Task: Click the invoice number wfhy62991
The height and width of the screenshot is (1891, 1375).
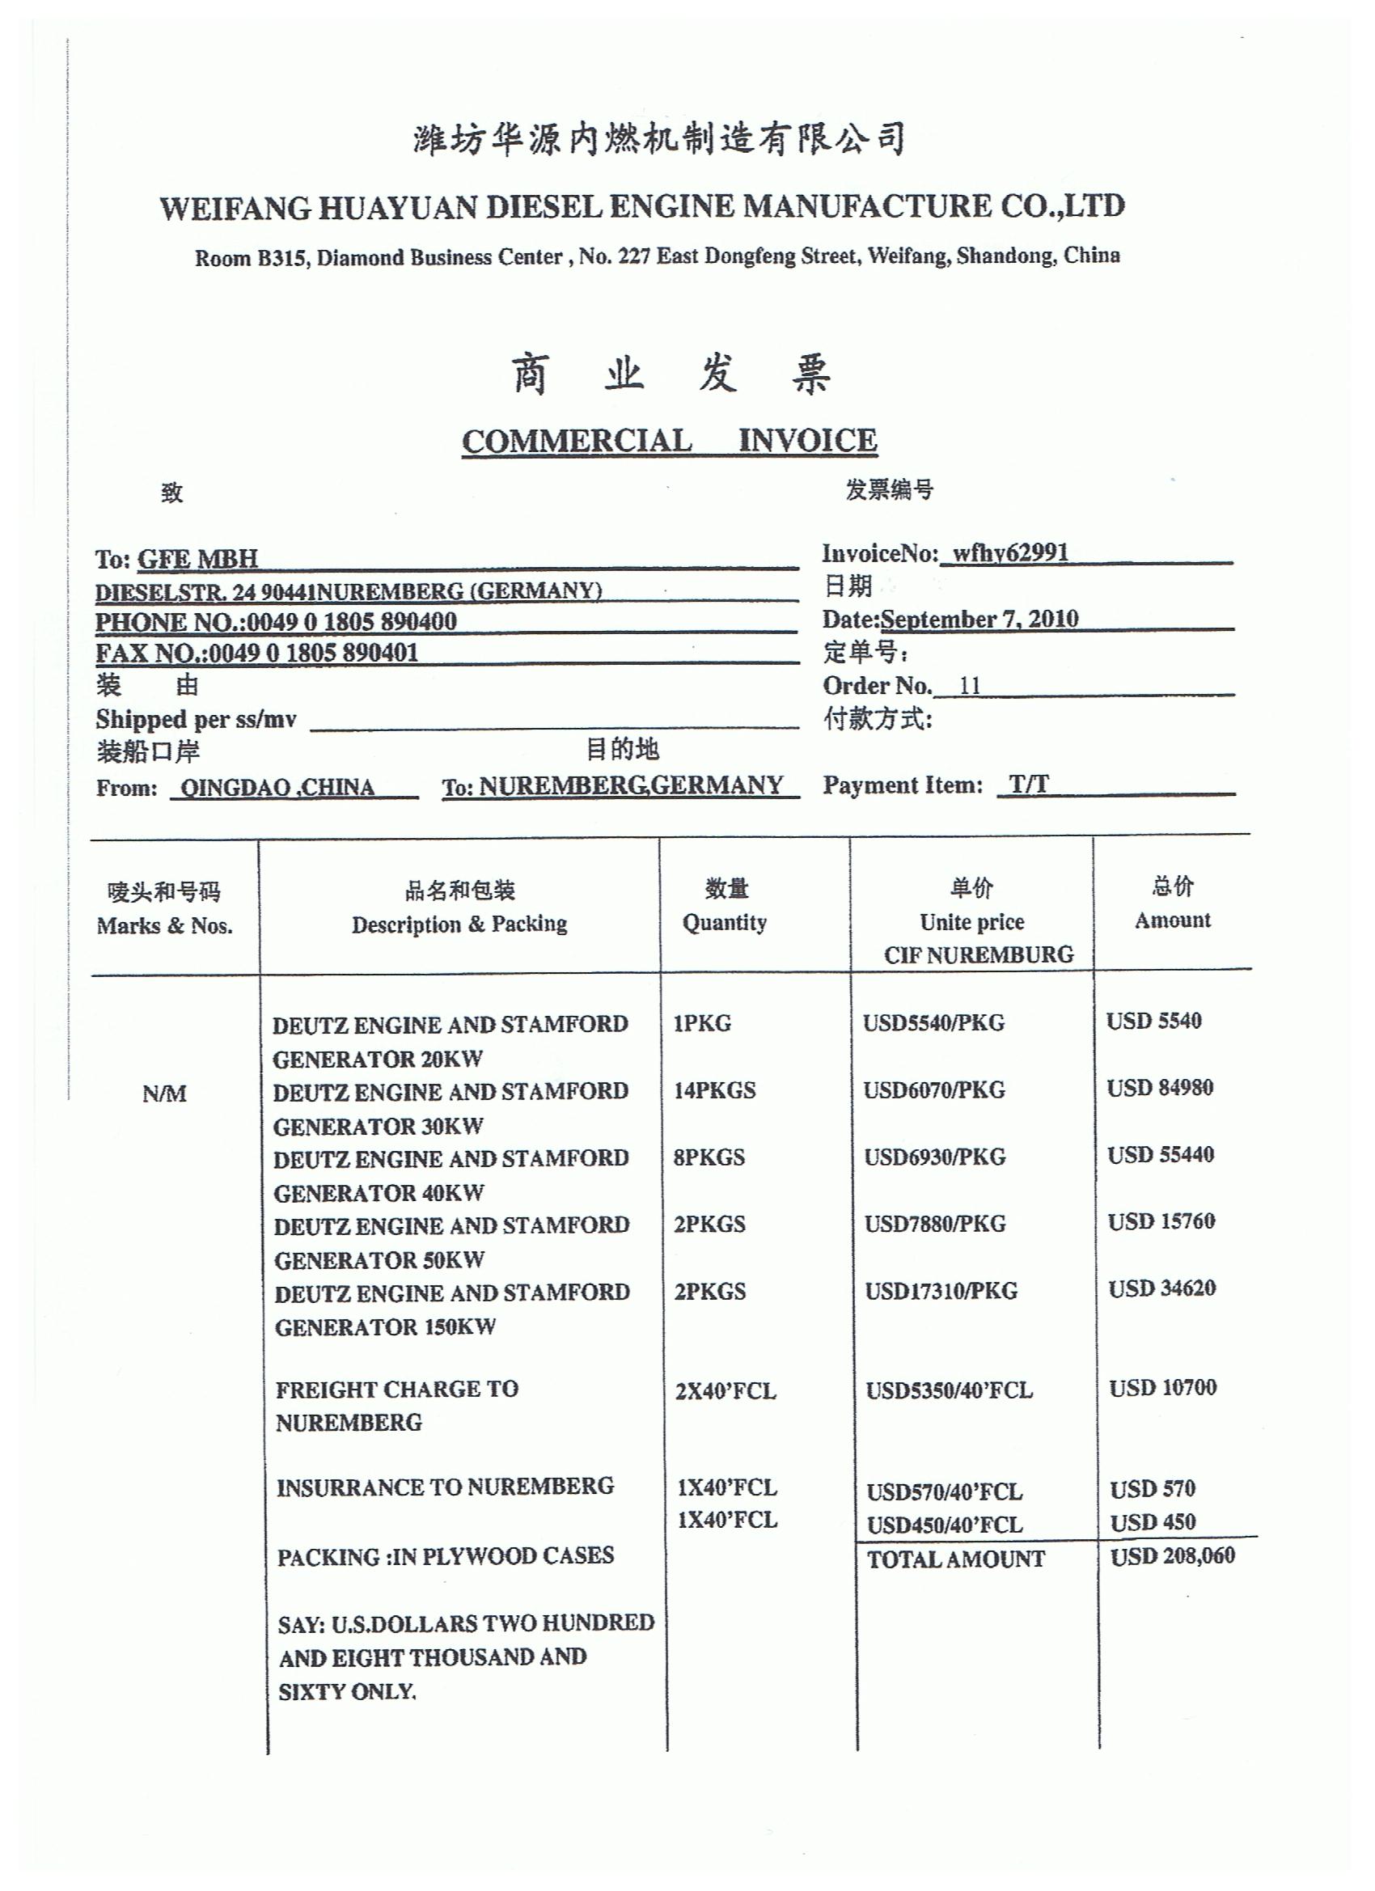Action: [1009, 552]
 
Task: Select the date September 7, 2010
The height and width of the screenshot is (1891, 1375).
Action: [979, 619]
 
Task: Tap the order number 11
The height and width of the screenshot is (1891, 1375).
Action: [970, 685]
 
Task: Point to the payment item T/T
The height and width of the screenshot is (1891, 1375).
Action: [1028, 785]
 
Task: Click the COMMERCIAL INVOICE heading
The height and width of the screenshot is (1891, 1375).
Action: [669, 441]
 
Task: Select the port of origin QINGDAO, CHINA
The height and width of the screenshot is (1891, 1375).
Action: [277, 788]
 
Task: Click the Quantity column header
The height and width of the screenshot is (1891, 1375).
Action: [724, 923]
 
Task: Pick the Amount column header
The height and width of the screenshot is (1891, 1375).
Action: [1171, 920]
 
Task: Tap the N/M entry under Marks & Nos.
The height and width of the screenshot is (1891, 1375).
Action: [164, 1094]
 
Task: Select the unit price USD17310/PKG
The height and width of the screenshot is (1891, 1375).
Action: [941, 1292]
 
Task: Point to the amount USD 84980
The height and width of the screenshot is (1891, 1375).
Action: [1159, 1088]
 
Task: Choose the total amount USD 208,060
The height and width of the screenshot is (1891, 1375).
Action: [1171, 1556]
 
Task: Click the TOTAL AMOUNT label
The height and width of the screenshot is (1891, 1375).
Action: [955, 1559]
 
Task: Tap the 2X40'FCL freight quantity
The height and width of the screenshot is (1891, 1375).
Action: [726, 1390]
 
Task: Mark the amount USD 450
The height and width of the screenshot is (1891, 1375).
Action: [1153, 1521]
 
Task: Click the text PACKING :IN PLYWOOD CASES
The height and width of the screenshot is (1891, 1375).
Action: [446, 1557]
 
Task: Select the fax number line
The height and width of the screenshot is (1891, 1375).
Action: [257, 653]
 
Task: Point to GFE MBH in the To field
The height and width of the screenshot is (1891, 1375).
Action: [197, 559]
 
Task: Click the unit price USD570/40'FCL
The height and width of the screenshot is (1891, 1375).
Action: [944, 1491]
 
